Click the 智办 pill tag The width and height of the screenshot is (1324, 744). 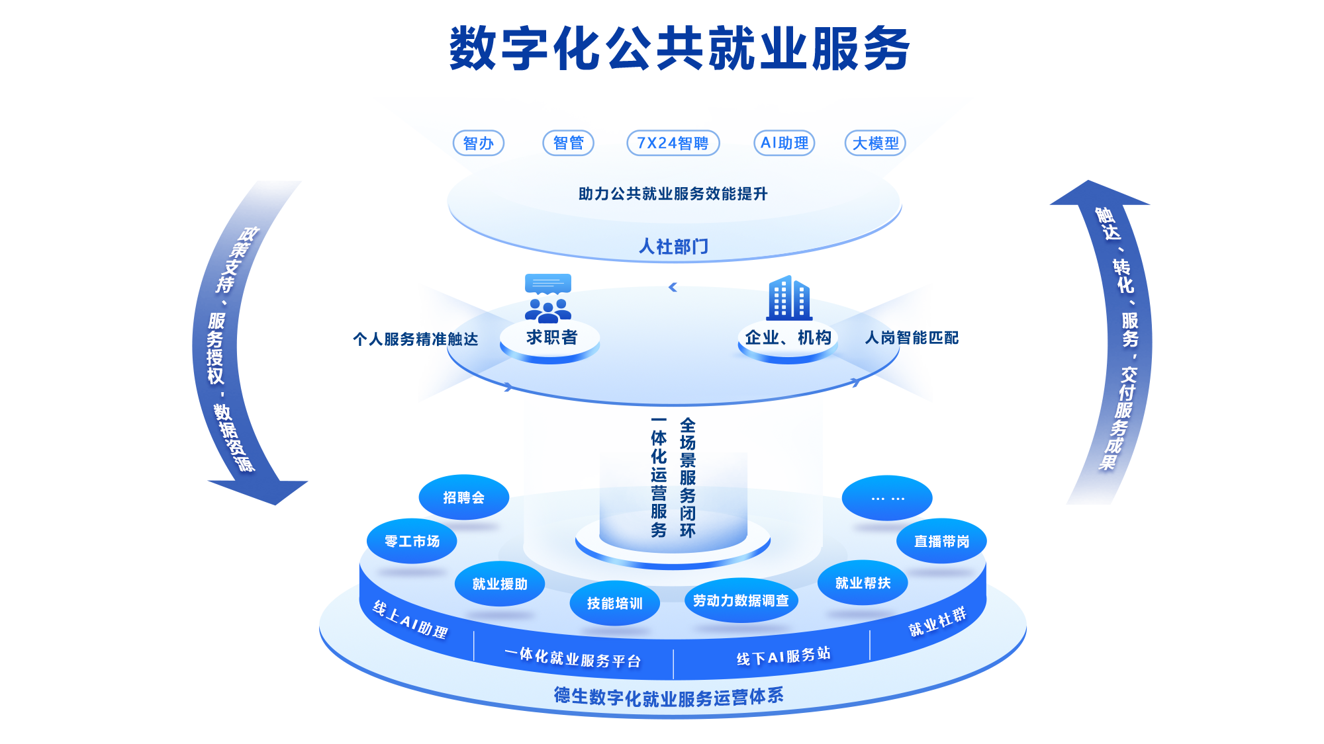(x=478, y=143)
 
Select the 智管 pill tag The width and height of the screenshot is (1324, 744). (x=568, y=143)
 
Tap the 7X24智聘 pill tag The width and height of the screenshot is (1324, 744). (x=673, y=143)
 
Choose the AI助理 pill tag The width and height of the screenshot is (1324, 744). (x=784, y=143)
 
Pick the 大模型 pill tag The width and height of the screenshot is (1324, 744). (x=875, y=143)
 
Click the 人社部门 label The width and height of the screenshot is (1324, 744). (x=673, y=247)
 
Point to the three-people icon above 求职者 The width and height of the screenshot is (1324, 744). (x=547, y=310)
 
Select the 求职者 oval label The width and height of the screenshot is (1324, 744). (x=551, y=338)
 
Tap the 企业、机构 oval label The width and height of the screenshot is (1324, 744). (x=788, y=338)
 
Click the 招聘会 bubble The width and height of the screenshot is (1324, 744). (x=463, y=497)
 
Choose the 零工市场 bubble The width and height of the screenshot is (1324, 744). (x=412, y=542)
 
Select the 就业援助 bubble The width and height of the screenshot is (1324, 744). (x=500, y=584)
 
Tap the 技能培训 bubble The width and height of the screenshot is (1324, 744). (x=614, y=603)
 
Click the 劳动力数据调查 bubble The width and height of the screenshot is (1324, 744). (x=741, y=600)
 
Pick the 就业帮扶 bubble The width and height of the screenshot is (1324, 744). (x=863, y=583)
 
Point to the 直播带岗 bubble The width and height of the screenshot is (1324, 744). (x=941, y=542)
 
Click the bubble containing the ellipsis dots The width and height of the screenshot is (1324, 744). (x=887, y=498)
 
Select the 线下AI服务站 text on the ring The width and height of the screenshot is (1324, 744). (x=783, y=657)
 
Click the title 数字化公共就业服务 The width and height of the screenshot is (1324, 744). (x=679, y=48)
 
